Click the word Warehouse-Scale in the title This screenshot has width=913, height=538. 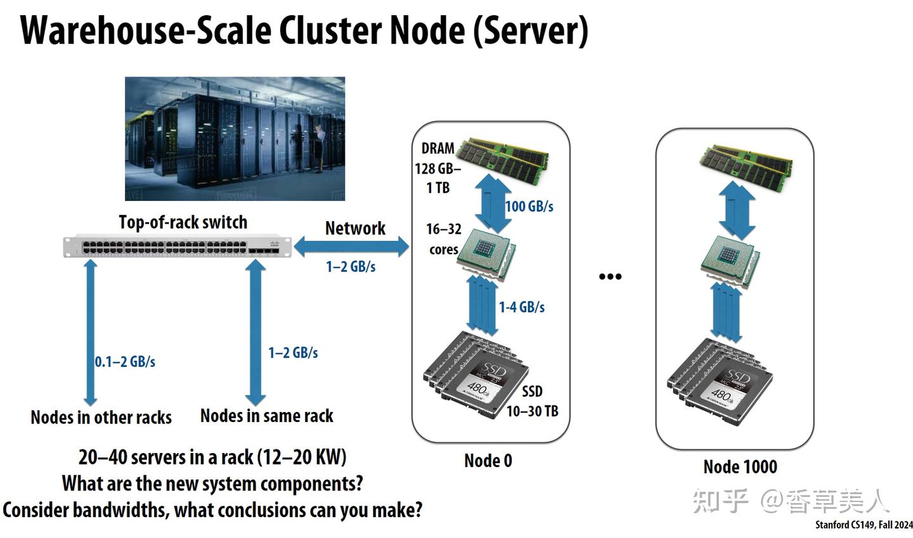pos(146,30)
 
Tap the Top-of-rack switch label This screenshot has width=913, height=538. pos(183,222)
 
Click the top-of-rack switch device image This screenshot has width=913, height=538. pos(178,247)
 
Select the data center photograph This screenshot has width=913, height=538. pos(235,139)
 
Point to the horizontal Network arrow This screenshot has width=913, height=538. pos(351,247)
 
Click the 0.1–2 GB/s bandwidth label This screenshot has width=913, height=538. pos(125,362)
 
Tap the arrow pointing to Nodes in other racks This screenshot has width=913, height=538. pos(91,332)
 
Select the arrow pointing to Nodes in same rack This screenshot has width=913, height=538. pos(256,332)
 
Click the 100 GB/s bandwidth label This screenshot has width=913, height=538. pos(529,207)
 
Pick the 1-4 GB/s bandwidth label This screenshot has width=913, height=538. pos(522,307)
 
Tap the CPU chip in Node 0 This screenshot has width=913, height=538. pos(487,254)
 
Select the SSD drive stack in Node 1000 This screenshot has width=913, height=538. pos(720,383)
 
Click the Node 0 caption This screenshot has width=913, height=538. pos(488,461)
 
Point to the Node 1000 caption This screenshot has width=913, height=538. pos(740,467)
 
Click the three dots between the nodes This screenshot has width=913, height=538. pos(610,277)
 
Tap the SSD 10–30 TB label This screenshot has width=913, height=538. pos(533,402)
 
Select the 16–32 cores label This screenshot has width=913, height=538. pos(443,240)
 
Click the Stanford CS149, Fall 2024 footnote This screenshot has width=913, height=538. pos(864,525)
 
